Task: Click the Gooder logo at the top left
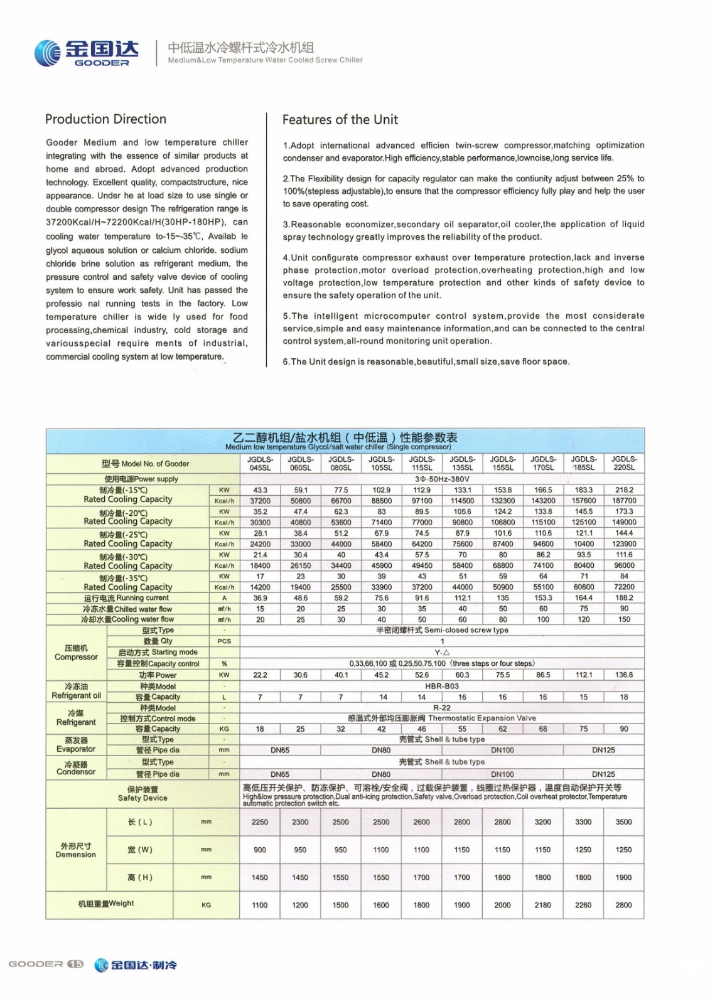tap(86, 53)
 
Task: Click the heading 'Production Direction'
tap(105, 119)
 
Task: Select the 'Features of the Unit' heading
tap(340, 120)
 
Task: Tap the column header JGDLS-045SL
tap(260, 464)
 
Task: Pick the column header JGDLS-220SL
tap(624, 464)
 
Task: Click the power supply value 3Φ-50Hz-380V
tap(442, 479)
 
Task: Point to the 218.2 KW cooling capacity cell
tap(624, 490)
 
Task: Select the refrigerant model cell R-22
tap(442, 708)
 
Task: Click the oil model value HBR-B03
tap(442, 686)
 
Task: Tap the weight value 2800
tap(623, 905)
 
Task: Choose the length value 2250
tap(260, 822)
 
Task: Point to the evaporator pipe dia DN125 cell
tap(603, 750)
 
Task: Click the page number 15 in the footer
tap(75, 964)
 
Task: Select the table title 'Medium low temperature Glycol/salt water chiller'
tap(338, 447)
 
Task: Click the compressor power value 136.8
tap(624, 675)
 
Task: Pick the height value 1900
tap(623, 877)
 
